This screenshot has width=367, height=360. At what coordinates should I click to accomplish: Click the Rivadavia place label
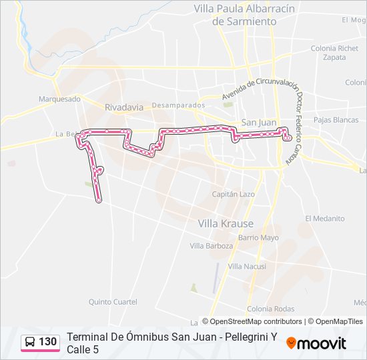click(x=123, y=107)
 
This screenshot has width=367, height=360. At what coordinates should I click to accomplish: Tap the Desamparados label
click(x=178, y=105)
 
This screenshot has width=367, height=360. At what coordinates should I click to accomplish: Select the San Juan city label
click(x=258, y=122)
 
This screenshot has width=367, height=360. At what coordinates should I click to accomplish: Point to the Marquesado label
click(x=59, y=99)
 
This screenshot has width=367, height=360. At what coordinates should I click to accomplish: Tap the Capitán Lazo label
click(x=233, y=194)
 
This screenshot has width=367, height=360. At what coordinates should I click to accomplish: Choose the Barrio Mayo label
click(x=258, y=237)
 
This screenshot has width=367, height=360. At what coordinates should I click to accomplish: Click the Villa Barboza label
click(x=212, y=246)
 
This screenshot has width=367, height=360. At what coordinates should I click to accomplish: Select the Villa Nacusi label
click(x=247, y=266)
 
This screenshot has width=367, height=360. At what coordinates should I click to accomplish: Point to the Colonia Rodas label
click(x=270, y=309)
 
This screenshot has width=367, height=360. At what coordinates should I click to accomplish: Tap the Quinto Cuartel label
click(x=113, y=302)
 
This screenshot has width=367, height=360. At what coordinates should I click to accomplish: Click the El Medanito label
click(x=325, y=219)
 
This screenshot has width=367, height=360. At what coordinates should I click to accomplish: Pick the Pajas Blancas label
click(x=336, y=120)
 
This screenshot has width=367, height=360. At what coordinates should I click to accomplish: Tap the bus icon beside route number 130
click(x=30, y=342)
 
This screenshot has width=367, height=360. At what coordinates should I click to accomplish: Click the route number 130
click(x=47, y=342)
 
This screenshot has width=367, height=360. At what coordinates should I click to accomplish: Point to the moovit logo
click(x=316, y=343)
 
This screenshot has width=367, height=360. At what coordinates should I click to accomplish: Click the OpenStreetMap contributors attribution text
click(x=256, y=321)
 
